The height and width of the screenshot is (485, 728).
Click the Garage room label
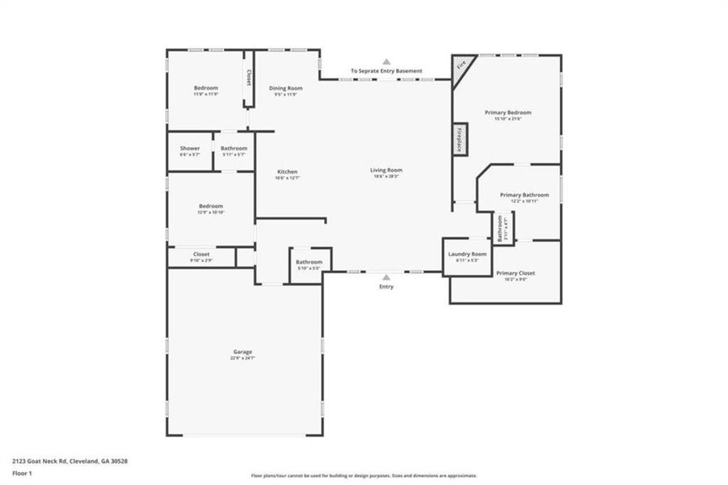coord(243,352)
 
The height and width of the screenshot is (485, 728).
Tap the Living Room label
coord(386,171)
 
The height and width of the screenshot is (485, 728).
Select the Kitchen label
coord(288,172)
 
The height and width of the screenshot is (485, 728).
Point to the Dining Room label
coord(286,88)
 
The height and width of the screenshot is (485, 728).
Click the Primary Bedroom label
coord(508,113)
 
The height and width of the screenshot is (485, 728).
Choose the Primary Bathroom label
coord(524,196)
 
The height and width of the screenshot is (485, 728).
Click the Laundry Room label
coord(468,255)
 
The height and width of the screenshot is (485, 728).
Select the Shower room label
coord(190,149)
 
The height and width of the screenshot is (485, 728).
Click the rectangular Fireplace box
coord(460,139)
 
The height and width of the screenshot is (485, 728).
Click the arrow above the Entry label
coord(386,276)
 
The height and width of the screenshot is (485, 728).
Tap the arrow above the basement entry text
coord(386,61)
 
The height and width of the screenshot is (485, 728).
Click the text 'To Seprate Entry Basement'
coord(386,71)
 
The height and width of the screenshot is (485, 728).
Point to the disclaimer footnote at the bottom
coord(364,476)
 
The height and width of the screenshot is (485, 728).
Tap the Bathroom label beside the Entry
coord(309,262)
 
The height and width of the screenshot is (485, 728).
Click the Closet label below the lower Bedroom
coord(200,255)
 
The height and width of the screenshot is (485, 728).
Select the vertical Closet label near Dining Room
coord(249,78)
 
